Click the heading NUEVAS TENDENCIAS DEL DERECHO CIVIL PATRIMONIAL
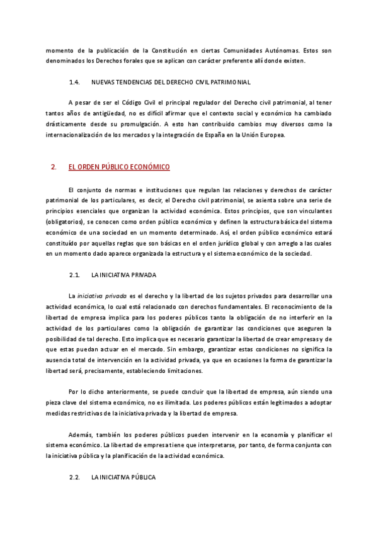point(171,82)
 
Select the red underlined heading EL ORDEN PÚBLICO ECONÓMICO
point(119,168)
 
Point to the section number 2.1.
point(75,275)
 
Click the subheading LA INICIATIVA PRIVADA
point(123,275)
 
